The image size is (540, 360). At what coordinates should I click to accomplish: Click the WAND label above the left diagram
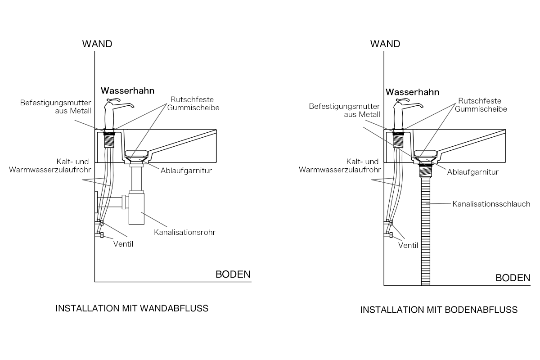pyautogui.click(x=97, y=44)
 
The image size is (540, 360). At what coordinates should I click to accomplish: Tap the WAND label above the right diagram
pyautogui.click(x=385, y=44)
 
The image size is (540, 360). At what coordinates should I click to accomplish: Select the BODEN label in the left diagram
pyautogui.click(x=233, y=274)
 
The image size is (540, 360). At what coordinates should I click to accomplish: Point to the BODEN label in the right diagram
pyautogui.click(x=513, y=278)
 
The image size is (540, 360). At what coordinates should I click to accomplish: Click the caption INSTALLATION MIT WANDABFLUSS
pyautogui.click(x=132, y=309)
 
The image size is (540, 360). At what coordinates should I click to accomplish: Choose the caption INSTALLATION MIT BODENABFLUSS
pyautogui.click(x=439, y=310)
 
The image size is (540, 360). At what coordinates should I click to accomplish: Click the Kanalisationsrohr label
pyautogui.click(x=184, y=233)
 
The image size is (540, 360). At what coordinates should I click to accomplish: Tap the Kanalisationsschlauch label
pyautogui.click(x=491, y=204)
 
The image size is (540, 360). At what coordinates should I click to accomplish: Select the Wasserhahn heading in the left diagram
pyautogui.click(x=127, y=90)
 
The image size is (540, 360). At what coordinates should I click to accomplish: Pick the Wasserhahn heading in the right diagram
pyautogui.click(x=412, y=92)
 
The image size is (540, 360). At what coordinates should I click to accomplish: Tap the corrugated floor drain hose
pyautogui.click(x=426, y=231)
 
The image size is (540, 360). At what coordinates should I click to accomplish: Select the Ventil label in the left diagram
pyautogui.click(x=123, y=244)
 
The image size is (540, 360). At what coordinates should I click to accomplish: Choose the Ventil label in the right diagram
pyautogui.click(x=408, y=245)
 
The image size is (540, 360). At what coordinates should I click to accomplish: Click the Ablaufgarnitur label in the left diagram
pyautogui.click(x=186, y=171)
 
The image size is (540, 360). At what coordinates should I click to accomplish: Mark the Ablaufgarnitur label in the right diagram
pyautogui.click(x=473, y=172)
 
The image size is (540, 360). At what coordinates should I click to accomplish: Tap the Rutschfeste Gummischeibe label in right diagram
pyautogui.click(x=481, y=105)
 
